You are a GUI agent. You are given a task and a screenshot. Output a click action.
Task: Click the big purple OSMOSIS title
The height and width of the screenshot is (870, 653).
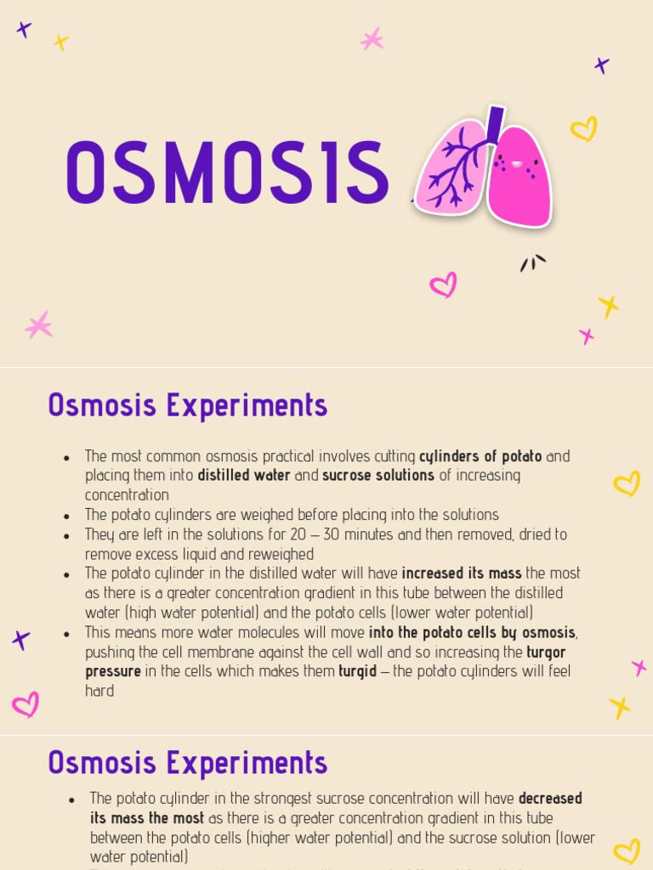click(x=226, y=173)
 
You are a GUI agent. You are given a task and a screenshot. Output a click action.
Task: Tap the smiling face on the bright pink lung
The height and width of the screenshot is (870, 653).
click(x=516, y=163)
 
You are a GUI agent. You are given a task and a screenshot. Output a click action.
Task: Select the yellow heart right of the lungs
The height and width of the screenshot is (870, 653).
click(x=583, y=129)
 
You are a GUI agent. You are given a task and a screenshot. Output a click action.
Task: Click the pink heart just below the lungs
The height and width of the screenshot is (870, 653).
click(x=443, y=285)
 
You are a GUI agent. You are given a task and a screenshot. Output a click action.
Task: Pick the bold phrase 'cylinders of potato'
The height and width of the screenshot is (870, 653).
click(x=480, y=456)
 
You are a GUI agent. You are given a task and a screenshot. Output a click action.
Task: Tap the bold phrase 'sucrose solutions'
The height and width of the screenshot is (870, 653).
click(x=378, y=476)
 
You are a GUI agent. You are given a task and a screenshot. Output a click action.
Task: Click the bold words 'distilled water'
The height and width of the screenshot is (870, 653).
click(x=244, y=476)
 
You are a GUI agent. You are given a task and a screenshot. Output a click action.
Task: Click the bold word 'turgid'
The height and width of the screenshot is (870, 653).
click(x=357, y=671)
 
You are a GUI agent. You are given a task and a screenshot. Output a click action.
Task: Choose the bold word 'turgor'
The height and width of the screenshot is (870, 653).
click(x=546, y=652)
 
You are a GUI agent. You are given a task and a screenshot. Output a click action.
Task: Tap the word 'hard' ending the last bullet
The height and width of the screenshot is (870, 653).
click(x=99, y=691)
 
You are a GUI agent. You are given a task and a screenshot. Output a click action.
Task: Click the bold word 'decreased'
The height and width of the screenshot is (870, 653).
click(x=550, y=799)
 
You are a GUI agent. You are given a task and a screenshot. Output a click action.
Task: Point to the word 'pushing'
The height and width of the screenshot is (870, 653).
click(x=111, y=652)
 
